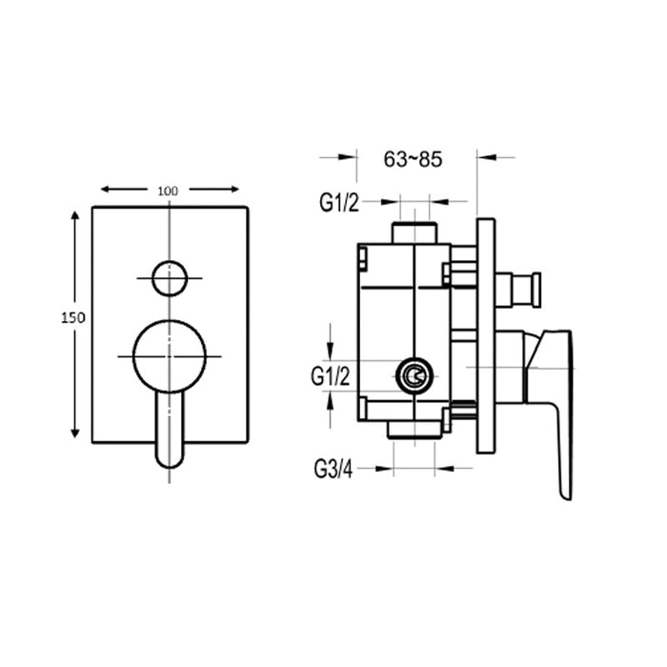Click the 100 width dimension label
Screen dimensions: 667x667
169,191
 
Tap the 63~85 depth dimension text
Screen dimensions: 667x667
413,159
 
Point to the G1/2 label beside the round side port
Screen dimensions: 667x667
331,376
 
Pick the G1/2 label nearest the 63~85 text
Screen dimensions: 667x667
339,202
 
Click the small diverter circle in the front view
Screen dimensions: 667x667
170,277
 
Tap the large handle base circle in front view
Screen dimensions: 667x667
170,355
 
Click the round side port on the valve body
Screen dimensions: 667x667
414,377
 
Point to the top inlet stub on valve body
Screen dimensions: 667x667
414,232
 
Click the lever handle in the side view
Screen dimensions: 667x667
553,400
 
